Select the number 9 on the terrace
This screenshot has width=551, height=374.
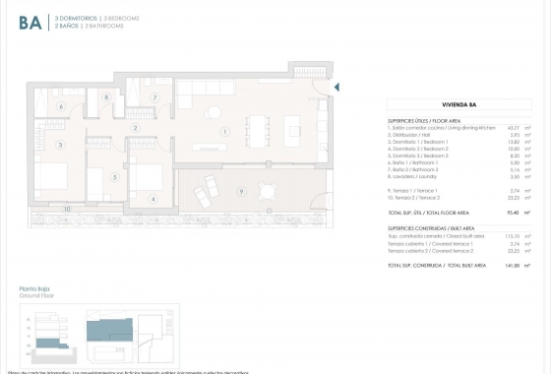pos(241,190)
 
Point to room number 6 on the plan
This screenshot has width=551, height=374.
pos(61,106)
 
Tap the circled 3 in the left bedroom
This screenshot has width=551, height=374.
pos(61,145)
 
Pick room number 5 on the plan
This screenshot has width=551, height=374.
pos(115,177)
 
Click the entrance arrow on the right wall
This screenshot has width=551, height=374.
pos(337,89)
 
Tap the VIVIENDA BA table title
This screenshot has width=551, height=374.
pos(460,101)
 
